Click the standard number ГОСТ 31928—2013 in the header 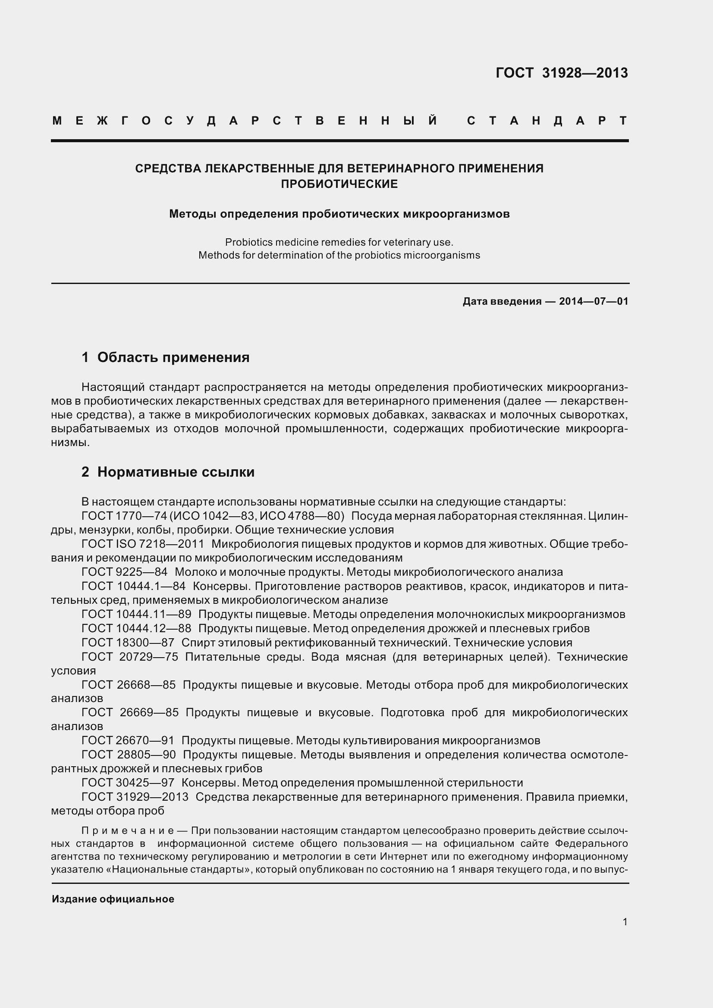point(562,72)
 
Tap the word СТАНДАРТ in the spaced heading point(547,121)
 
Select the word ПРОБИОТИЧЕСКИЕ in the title point(339,184)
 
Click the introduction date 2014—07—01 point(594,301)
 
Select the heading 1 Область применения point(165,357)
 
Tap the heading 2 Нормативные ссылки point(168,472)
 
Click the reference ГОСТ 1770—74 point(124,516)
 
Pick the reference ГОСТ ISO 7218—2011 point(143,544)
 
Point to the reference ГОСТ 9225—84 point(124,572)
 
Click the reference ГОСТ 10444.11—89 point(136,614)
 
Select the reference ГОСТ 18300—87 point(128,643)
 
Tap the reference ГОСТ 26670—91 point(128,741)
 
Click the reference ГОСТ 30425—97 point(128,783)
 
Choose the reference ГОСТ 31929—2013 point(135,797)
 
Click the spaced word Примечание point(128,830)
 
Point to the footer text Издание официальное point(113,899)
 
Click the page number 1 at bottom point(625,922)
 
